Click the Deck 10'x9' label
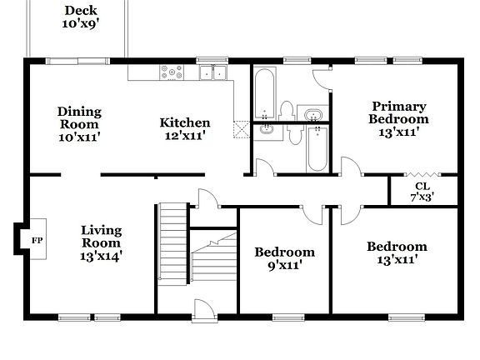[81, 17]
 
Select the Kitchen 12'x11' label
[184, 128]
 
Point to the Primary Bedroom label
[398, 117]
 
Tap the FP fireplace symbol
[37, 240]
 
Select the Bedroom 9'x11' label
[285, 258]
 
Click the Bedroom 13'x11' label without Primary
[397, 252]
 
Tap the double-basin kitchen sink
[213, 73]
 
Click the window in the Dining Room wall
[76, 60]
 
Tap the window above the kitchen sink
[212, 60]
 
